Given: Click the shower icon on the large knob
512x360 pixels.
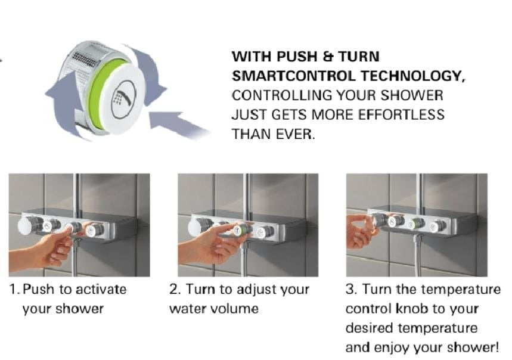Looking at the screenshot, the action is coord(123,97).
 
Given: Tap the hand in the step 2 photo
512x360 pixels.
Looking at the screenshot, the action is coord(212,242).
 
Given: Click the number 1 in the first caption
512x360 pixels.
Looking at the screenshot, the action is coord(14,290).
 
